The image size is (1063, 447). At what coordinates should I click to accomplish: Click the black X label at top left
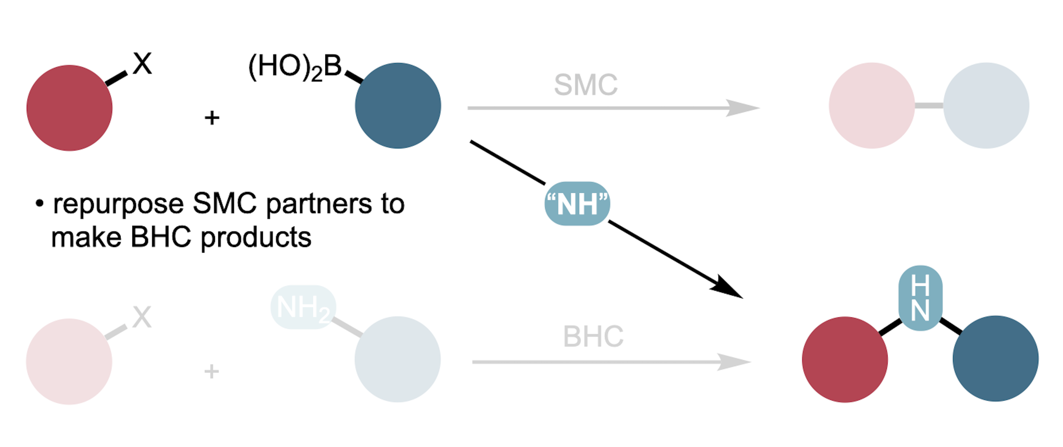coord(142,64)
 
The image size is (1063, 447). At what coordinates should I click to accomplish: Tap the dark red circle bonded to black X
coord(69,108)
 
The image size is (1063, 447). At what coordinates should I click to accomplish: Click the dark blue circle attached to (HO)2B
coord(398,105)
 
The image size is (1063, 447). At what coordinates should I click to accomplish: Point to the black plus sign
coord(212,118)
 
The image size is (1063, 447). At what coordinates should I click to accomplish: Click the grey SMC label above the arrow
coord(586,85)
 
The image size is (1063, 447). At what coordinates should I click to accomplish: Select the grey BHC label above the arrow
coord(593,336)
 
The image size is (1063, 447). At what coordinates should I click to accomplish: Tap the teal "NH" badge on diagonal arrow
coord(577,204)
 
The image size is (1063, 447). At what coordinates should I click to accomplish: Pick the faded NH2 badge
coord(303,307)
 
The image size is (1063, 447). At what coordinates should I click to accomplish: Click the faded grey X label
coord(142,317)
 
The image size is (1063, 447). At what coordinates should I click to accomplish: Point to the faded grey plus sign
coord(211,371)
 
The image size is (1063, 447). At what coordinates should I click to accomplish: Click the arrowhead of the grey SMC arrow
coord(742,108)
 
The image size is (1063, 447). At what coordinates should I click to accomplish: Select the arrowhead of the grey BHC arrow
coord(733,362)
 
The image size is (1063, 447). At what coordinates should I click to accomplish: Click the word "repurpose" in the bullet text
coord(118,204)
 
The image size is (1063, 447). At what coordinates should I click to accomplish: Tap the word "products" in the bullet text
coord(256,237)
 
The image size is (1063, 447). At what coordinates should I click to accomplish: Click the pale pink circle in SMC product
coord(872,105)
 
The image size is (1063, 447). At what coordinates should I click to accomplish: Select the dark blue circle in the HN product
coord(995,359)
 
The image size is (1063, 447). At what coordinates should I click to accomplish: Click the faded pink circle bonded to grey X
coord(69,362)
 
